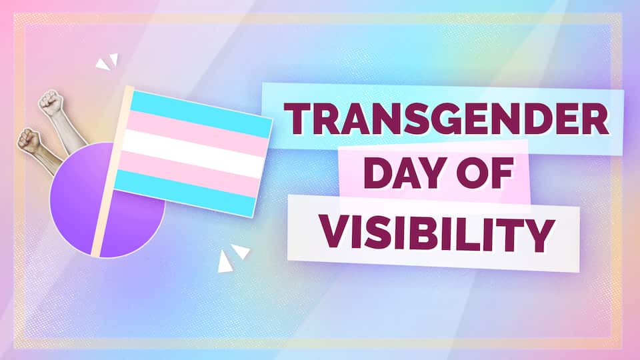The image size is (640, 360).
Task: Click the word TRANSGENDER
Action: pyautogui.click(x=446, y=121)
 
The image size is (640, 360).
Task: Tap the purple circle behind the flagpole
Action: pyautogui.click(x=73, y=207)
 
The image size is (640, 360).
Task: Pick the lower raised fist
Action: pyautogui.click(x=29, y=139)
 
